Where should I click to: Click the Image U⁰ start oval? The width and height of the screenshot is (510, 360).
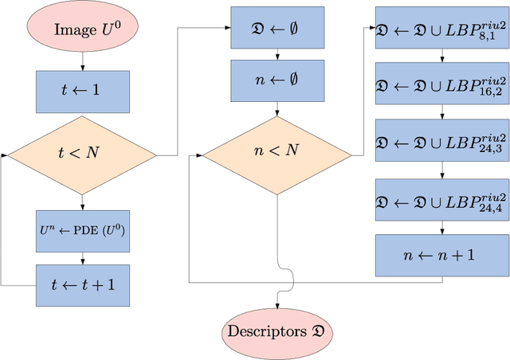83,29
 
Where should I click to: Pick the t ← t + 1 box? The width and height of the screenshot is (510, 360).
83,284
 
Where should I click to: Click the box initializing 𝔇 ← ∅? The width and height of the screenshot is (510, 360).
277,29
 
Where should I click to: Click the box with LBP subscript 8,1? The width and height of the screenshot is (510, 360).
442,29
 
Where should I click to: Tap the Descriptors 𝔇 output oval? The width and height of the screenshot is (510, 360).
277,329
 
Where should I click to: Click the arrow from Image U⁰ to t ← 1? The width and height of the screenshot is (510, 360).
83,61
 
